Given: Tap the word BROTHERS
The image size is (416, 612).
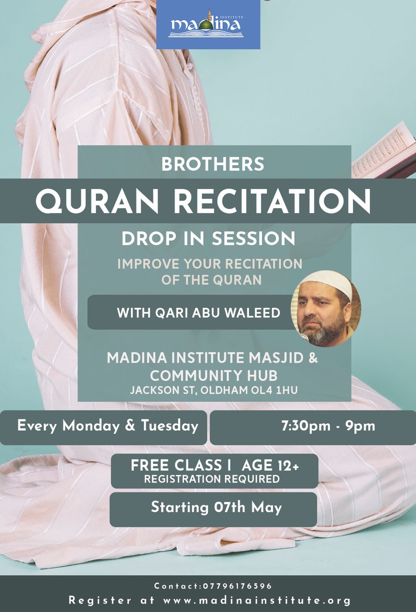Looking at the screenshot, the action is click(213, 164).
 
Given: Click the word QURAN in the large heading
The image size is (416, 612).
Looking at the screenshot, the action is click(97, 201).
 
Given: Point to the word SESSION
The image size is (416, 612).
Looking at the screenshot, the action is click(253, 239).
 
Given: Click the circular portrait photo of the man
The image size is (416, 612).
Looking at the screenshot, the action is click(326, 309).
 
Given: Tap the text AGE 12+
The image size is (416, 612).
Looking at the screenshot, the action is click(270, 466).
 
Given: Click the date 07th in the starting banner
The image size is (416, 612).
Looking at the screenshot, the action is click(229, 507).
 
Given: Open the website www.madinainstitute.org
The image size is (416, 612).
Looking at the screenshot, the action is click(257, 601).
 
